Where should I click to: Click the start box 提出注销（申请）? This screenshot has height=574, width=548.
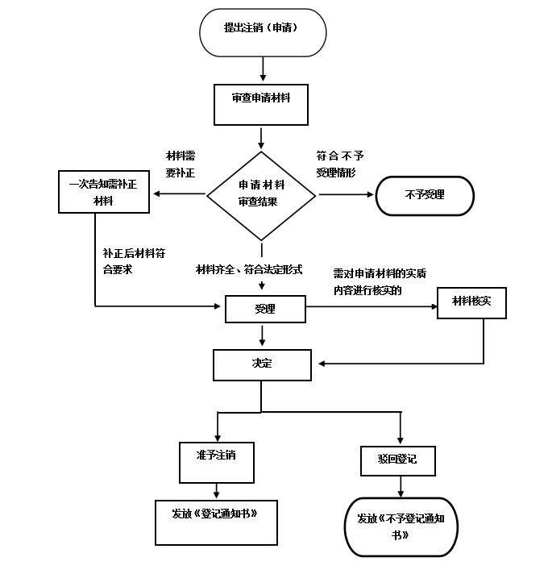pos(263,32)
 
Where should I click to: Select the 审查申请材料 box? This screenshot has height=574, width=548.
pos(261,105)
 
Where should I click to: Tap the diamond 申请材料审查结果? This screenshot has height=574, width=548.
pos(261,196)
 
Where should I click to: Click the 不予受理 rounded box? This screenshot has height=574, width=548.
pos(425,195)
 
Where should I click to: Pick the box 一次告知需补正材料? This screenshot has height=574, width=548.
pos(104,191)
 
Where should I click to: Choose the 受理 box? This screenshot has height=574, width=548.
pos(265,309)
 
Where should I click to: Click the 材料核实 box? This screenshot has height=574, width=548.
pos(471,303)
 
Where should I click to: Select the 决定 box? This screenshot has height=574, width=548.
pos(262,365)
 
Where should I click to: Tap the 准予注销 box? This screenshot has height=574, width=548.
pos(217,463)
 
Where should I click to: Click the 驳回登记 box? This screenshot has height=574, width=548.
pos(397,461)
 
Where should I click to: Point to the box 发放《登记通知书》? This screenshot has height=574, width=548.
pos(216,522)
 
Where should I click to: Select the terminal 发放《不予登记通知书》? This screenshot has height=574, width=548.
pos(401,526)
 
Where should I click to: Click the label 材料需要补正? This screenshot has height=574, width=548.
pos(181,164)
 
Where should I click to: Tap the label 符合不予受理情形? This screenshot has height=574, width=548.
pos(340,164)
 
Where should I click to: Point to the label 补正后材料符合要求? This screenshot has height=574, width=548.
pos(134,261)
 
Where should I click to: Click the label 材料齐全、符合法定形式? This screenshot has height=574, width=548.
pos(249,269)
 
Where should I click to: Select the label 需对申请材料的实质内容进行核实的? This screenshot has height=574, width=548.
pos(380,281)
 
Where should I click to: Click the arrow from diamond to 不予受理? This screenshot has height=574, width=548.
pos(346,194)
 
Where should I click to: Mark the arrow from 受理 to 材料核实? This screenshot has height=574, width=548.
pos(372,306)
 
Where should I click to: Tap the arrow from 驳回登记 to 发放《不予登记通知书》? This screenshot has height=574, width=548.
pos(401,486)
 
